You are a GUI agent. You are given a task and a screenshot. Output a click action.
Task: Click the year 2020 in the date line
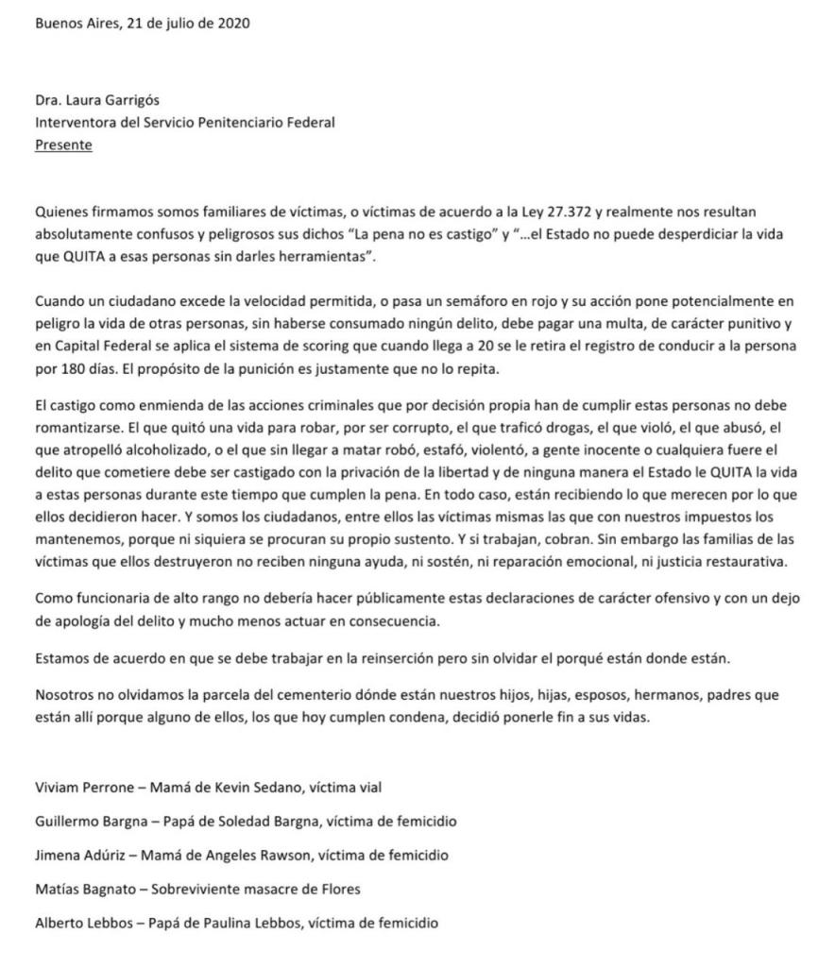point(232,25)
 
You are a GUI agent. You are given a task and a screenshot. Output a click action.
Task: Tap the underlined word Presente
point(63,144)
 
